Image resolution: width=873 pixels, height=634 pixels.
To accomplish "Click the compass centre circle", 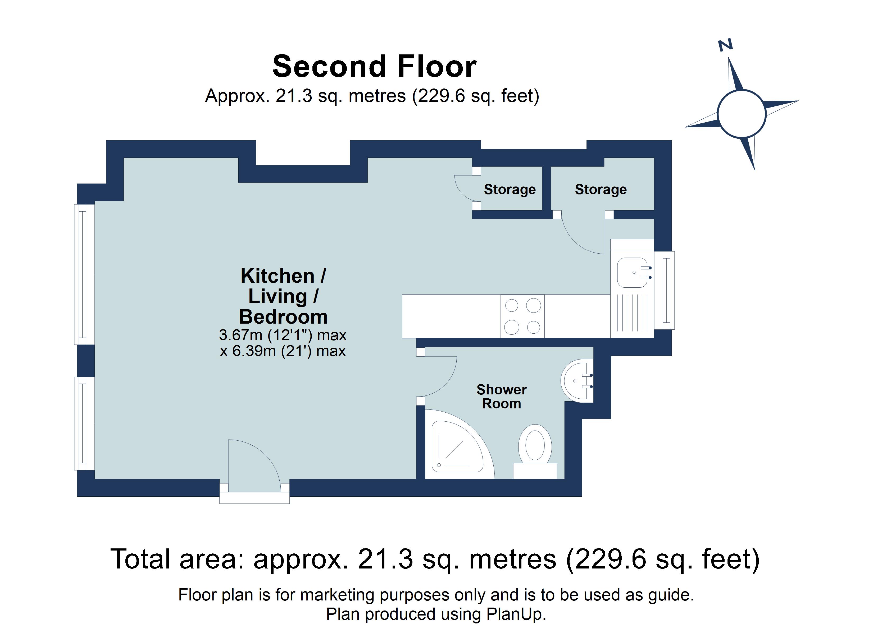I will pyautogui.click(x=741, y=114).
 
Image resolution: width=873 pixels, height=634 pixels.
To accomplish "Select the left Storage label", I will pyautogui.click(x=510, y=190).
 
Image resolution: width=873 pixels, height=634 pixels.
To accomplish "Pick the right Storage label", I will pyautogui.click(x=601, y=190).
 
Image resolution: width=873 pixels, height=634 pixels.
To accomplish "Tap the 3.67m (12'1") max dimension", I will pyautogui.click(x=283, y=335).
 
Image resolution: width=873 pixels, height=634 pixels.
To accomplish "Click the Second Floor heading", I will pyautogui.click(x=374, y=67).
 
